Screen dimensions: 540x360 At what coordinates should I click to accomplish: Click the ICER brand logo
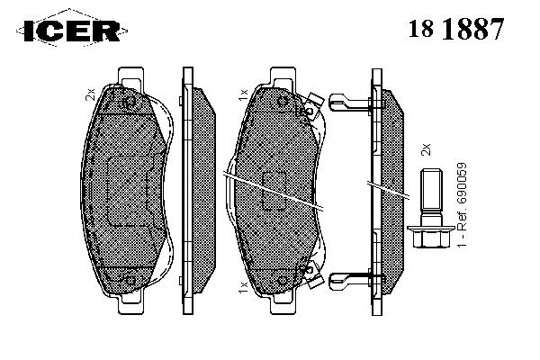pos(72,31)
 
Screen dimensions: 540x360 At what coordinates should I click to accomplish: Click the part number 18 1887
pos(456,28)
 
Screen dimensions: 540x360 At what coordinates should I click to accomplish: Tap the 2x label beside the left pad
pos(90,94)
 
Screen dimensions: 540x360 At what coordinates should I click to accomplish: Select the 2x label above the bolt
pos(426,149)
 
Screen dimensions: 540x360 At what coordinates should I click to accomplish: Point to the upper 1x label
pos(243,94)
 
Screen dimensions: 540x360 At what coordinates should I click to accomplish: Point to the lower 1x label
pos(243,286)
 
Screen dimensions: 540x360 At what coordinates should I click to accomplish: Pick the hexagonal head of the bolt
pos(431,236)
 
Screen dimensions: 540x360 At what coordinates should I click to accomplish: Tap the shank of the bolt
pos(431,196)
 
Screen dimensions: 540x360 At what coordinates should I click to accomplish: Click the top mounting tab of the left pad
pos(130,76)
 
